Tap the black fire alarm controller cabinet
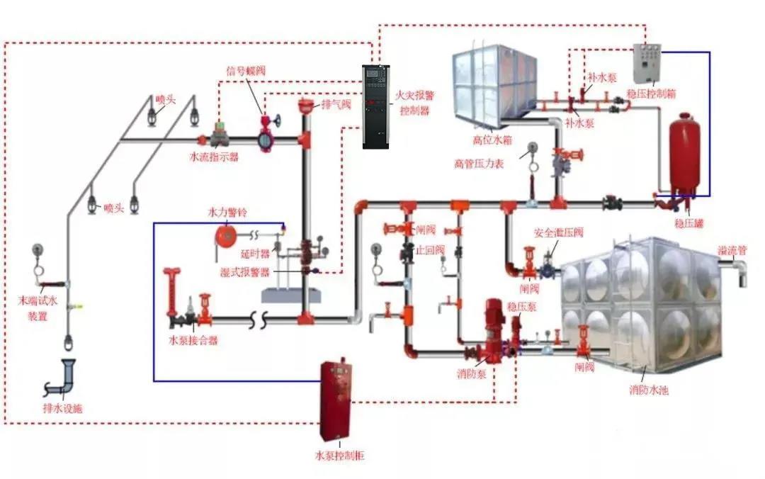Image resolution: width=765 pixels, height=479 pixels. [x=376, y=106]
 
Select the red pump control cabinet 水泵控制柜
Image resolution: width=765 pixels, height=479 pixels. [x=337, y=400]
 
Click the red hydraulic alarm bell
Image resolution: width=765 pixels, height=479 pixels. [x=225, y=235]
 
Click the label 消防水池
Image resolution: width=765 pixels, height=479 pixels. [x=648, y=390]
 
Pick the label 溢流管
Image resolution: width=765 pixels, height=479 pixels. [x=732, y=251]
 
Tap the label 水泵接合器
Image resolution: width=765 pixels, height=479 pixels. [x=193, y=340]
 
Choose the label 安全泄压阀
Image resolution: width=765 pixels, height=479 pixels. [x=558, y=232]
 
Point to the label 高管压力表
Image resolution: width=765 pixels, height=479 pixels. [x=479, y=163]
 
